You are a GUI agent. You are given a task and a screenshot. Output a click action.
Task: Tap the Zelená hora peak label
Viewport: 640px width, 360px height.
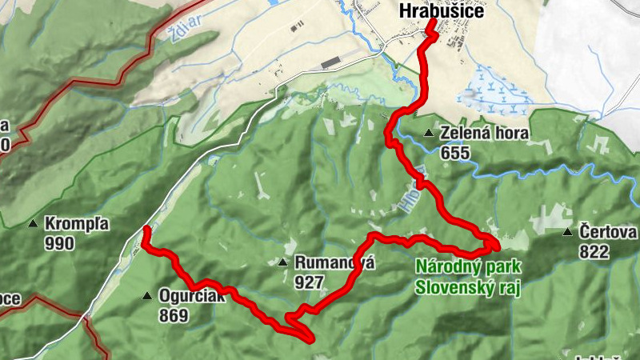tap(484, 133)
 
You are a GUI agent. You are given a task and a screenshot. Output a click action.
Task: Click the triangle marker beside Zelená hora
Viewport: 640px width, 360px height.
tap(430, 133)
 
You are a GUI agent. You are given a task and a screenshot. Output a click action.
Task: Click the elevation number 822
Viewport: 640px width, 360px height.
tap(594, 251)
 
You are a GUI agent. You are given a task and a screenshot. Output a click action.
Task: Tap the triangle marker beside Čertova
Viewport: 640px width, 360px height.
tap(567, 233)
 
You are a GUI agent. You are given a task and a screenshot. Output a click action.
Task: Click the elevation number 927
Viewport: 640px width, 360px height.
tap(309, 281)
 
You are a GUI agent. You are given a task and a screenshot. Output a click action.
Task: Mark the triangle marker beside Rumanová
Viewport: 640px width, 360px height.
tap(282, 262)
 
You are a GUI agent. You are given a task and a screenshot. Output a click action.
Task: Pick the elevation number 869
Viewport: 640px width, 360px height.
tap(173, 314)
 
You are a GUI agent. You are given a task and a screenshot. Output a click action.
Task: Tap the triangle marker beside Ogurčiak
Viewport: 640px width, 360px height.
tap(147, 296)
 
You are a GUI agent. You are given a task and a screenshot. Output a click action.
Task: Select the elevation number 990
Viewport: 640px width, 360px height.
tap(60, 242)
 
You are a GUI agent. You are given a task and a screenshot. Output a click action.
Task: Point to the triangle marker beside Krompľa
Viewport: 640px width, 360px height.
tap(34, 223)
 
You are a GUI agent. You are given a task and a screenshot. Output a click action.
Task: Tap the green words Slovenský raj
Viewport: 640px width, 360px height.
tap(467, 286)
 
